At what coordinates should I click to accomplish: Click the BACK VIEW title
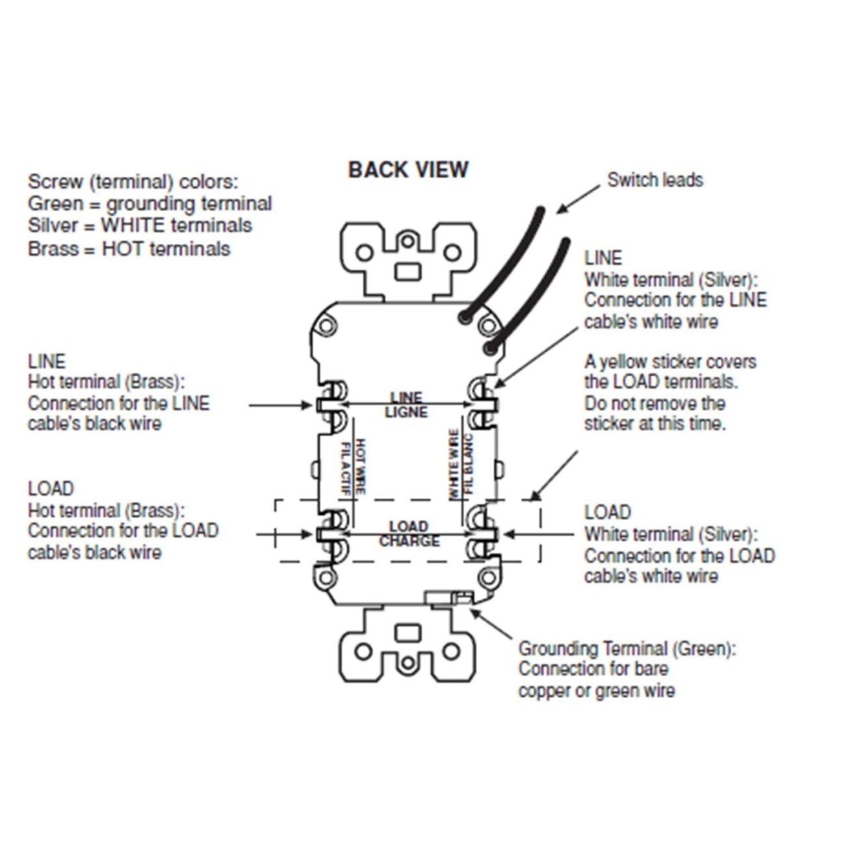[x=408, y=170]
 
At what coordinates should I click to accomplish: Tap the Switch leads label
[x=655, y=180]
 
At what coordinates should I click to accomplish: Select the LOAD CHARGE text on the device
[x=409, y=534]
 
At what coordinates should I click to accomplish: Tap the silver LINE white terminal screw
[x=484, y=404]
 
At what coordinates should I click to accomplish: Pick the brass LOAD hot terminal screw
[x=331, y=534]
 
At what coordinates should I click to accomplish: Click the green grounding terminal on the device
[x=459, y=597]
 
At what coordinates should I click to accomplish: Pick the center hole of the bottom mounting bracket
[x=408, y=662]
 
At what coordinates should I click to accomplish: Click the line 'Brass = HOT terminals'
[x=129, y=249]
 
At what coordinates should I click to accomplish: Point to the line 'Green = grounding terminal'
[x=149, y=204]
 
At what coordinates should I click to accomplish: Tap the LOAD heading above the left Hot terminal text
[x=51, y=489]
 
